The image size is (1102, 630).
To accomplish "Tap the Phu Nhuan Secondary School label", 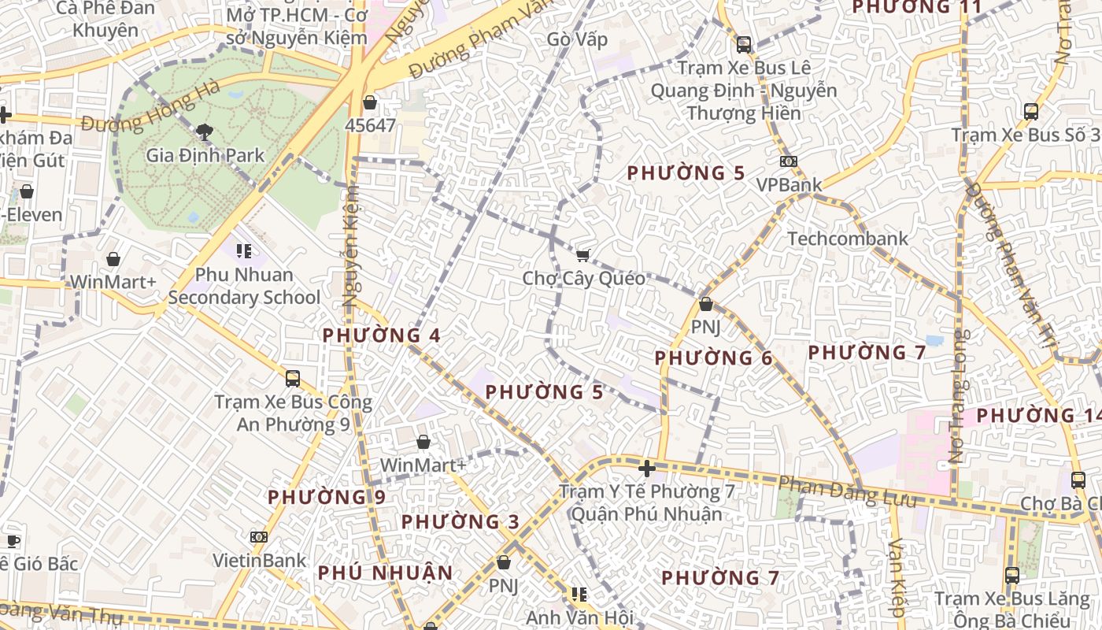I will (x=244, y=286).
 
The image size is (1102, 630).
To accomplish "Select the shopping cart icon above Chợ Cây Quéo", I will (x=583, y=254).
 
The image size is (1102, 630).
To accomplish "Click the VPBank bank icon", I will (x=788, y=161).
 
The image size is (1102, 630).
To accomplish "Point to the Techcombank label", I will (x=847, y=239).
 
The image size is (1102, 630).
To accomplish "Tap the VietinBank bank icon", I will (x=259, y=537).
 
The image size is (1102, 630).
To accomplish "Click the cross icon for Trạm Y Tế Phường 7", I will (x=647, y=469).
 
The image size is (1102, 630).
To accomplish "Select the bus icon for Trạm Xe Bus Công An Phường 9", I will (x=293, y=379).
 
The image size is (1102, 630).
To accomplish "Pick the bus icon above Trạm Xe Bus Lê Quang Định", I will (x=743, y=44).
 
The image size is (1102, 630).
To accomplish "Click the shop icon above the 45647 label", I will (x=370, y=102).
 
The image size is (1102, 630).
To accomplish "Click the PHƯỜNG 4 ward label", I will (x=381, y=335).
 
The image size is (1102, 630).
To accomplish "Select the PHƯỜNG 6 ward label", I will (x=713, y=358).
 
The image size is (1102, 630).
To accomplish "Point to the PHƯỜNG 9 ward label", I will (x=326, y=498).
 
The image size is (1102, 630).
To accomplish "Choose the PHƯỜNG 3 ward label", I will (x=460, y=522).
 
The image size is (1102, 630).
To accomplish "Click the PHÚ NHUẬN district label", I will (x=385, y=573).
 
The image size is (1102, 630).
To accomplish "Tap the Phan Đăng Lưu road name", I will (x=847, y=492).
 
